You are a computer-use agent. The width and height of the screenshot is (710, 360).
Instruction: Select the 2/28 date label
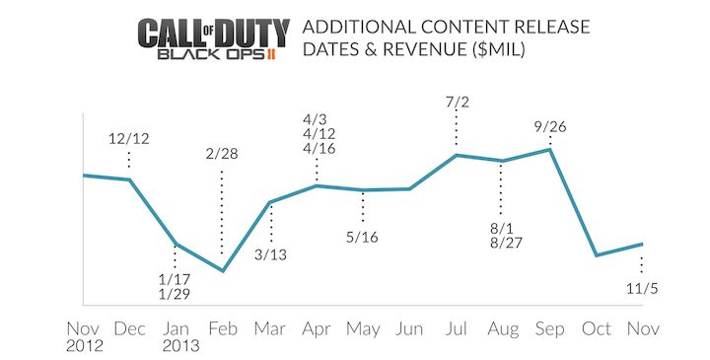pos(222,153)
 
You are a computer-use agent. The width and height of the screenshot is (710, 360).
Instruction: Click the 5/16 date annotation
pos(363,238)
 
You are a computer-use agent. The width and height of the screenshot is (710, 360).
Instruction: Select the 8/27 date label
pos(502,243)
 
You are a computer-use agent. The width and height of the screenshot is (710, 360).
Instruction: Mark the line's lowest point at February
pos(223,270)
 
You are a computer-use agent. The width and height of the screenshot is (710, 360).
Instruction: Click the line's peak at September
pos(549,150)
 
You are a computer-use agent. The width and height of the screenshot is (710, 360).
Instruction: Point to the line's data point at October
pos(596,255)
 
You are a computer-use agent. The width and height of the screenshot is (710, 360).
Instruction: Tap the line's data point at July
pos(457,154)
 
